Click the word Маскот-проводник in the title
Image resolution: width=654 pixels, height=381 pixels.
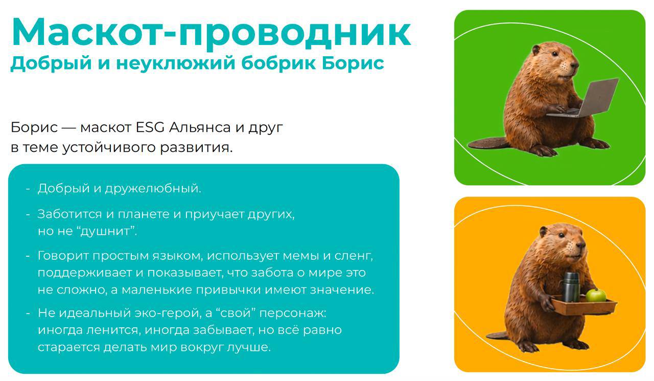[211, 33]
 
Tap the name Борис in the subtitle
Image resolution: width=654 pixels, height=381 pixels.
[353, 62]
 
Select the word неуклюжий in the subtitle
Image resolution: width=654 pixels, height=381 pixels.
[175, 63]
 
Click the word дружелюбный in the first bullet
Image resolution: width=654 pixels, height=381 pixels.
[153, 189]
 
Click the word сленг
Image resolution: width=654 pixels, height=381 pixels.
[354, 256]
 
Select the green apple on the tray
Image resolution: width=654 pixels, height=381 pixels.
[596, 295]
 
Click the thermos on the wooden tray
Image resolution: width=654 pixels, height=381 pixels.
[571, 287]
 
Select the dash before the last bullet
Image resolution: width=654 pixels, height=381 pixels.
[28, 313]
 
